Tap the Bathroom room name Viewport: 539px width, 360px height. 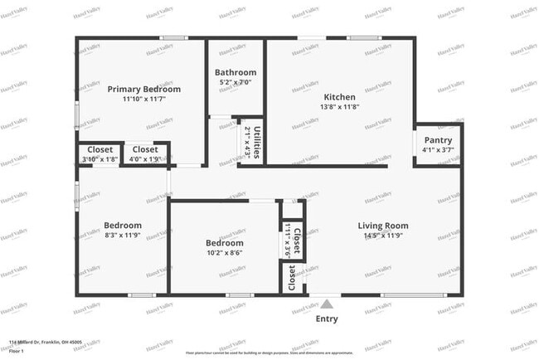tap(236, 72)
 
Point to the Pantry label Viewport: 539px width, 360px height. tap(438, 140)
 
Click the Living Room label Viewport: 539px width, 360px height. tap(383, 226)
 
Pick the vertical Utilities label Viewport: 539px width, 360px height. tap(258, 142)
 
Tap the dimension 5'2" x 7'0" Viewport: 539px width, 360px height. tap(236, 83)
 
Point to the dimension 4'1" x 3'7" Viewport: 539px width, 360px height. tap(438, 150)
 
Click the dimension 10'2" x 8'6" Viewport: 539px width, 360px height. tap(225, 253)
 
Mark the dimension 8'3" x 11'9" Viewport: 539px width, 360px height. tap(122, 236)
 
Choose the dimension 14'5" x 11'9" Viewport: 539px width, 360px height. tap(383, 236)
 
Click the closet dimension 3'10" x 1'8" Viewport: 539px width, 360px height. tap(100, 159)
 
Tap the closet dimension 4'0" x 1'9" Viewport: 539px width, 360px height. tap(145, 159)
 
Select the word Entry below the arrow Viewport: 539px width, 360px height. tap(328, 319)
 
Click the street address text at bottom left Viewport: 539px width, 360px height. tap(45, 342)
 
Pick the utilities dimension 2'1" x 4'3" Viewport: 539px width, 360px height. tap(247, 142)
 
